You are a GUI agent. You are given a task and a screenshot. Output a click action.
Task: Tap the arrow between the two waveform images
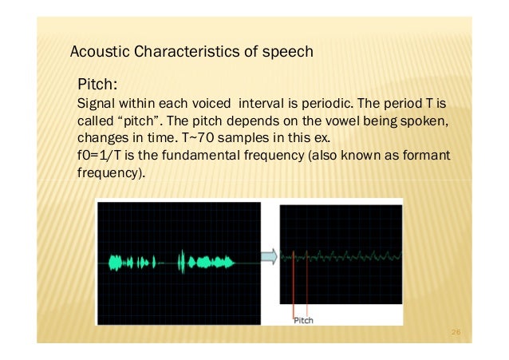click(x=270, y=256)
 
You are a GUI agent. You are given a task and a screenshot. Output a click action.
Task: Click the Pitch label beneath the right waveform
click(x=303, y=321)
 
